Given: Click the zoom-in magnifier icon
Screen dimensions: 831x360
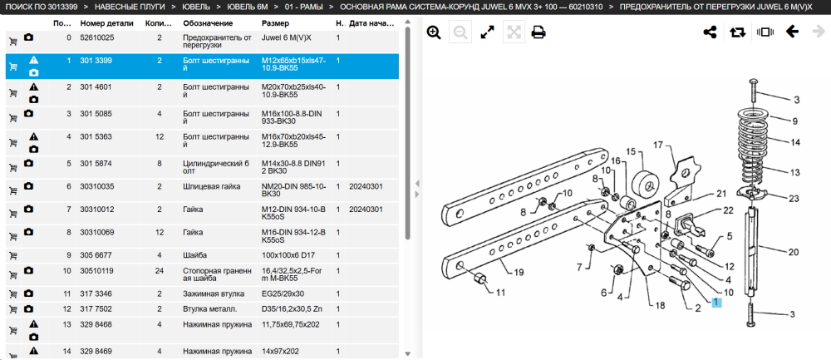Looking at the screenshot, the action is pyautogui.click(x=434, y=32).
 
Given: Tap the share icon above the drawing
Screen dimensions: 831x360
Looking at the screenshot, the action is pyautogui.click(x=710, y=32).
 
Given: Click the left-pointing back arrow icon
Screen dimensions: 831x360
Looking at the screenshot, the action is pyautogui.click(x=792, y=32).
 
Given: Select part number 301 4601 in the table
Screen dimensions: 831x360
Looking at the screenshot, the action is pyautogui.click(x=96, y=87).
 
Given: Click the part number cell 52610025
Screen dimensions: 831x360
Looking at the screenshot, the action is pyautogui.click(x=97, y=37).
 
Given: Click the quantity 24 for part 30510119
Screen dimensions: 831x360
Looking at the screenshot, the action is pyautogui.click(x=160, y=271).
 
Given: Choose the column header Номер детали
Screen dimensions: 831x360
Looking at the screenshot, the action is pyautogui.click(x=107, y=24).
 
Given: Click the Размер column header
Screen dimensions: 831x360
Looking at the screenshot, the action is pyautogui.click(x=276, y=24).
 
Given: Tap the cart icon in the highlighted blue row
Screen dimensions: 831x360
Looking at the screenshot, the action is pyautogui.click(x=13, y=67).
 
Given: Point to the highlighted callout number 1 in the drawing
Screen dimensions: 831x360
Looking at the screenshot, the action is pyautogui.click(x=716, y=302).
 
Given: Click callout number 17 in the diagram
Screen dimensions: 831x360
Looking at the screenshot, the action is pyautogui.click(x=658, y=145).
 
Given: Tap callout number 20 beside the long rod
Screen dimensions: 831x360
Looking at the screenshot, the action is pyautogui.click(x=793, y=253).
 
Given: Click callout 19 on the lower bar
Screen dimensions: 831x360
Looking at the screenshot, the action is pyautogui.click(x=519, y=273).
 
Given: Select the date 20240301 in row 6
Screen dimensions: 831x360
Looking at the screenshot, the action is pyautogui.click(x=366, y=186).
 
